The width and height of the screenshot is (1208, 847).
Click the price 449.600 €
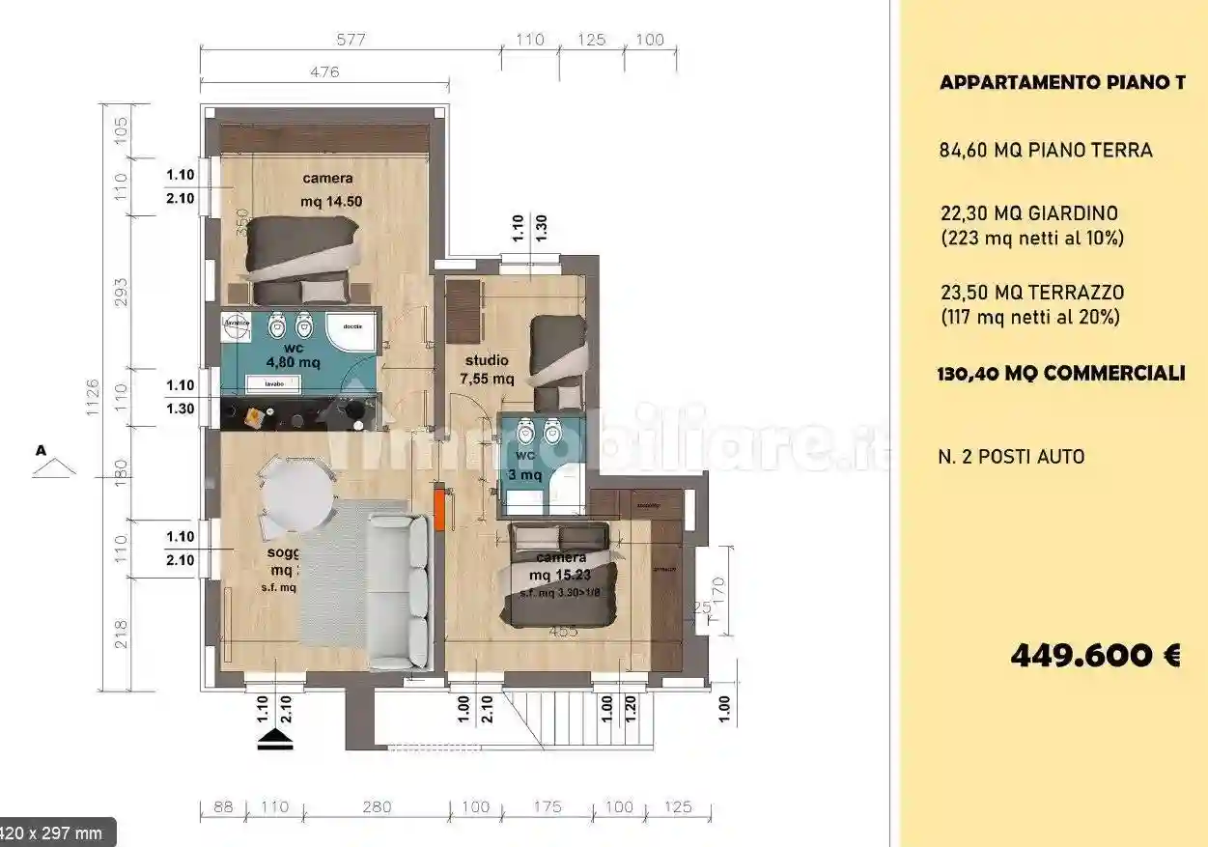[1095, 656]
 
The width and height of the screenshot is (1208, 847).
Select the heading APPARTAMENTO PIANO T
[1062, 83]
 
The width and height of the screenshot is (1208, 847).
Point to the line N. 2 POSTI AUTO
[1011, 456]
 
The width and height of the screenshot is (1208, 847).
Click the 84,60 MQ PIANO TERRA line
[1046, 151]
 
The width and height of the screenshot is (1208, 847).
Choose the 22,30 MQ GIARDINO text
[1030, 213]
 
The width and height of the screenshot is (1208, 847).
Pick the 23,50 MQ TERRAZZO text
[1032, 293]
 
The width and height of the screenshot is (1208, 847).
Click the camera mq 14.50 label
[327, 189]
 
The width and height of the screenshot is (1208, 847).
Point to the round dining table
[299, 493]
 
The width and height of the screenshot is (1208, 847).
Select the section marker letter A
[42, 450]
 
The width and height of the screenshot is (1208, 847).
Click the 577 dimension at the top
[351, 40]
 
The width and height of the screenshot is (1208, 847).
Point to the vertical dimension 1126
[93, 397]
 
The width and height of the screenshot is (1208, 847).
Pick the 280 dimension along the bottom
[377, 806]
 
